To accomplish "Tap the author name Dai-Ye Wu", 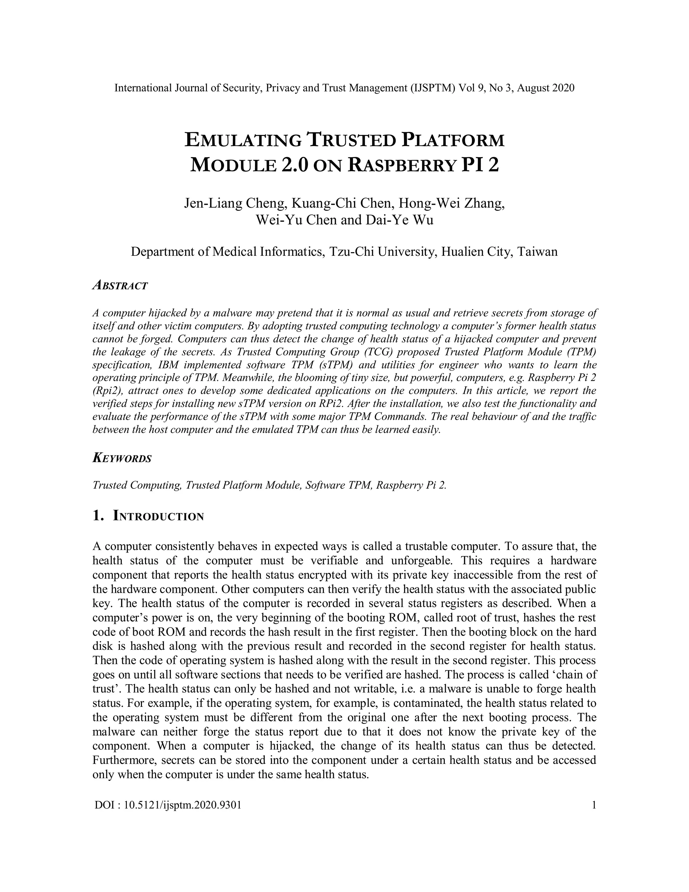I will click(x=400, y=220).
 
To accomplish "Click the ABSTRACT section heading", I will click(x=120, y=285).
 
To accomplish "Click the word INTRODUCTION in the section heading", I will click(x=158, y=516).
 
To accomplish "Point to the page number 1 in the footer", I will click(x=594, y=805).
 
